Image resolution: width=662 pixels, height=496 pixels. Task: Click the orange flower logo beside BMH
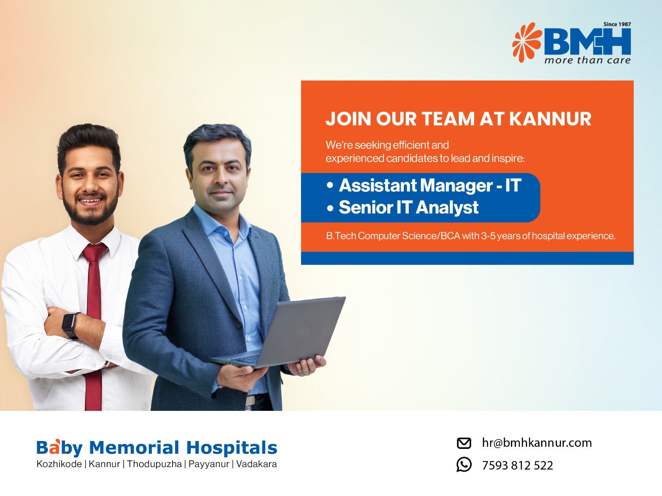click(x=527, y=42)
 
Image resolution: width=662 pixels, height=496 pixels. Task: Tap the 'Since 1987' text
click(x=617, y=24)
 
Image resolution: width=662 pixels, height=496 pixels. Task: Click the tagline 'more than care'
click(x=588, y=60)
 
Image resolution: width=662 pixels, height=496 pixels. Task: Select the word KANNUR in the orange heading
click(x=550, y=119)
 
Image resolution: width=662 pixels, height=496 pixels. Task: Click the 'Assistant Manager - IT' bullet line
click(x=424, y=185)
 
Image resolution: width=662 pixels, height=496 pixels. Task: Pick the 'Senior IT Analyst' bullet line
click(x=403, y=207)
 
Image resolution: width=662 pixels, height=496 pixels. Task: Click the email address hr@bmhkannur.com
click(x=537, y=443)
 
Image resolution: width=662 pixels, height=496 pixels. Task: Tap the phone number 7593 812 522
click(x=518, y=465)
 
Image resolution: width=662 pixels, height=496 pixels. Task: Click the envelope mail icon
click(x=464, y=443)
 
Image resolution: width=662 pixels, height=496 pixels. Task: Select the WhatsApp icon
click(x=464, y=465)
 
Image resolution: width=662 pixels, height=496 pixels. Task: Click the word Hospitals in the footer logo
click(x=232, y=448)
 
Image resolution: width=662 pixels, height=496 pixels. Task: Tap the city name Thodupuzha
click(x=154, y=464)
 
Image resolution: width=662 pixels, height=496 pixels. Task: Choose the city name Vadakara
click(x=257, y=464)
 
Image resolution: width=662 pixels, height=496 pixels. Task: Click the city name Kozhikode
click(x=59, y=464)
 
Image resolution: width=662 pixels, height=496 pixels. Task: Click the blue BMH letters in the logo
click(x=588, y=42)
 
